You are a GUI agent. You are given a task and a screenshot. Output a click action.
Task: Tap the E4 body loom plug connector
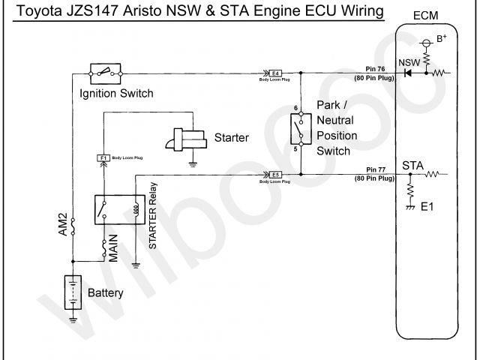click(x=275, y=73)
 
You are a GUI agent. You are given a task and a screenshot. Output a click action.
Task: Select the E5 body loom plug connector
click(x=275, y=175)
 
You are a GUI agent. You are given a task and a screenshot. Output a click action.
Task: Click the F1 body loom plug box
click(x=103, y=157)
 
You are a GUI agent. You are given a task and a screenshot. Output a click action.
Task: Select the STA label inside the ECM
click(x=412, y=164)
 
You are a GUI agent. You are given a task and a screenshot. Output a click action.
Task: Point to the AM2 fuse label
click(x=63, y=225)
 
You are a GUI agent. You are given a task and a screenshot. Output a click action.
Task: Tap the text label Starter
click(x=231, y=137)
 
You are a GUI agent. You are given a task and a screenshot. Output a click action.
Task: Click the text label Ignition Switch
click(x=115, y=94)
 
